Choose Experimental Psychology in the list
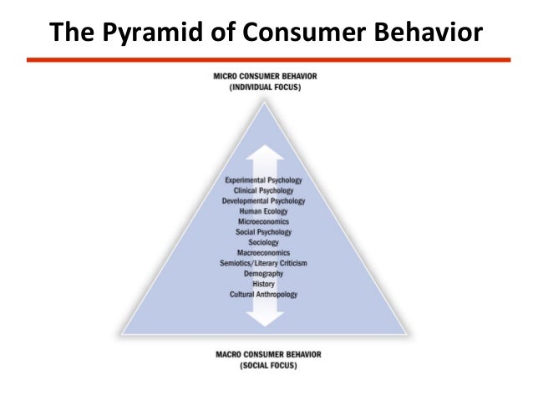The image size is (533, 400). click(x=264, y=180)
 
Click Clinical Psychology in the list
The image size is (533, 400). click(x=264, y=190)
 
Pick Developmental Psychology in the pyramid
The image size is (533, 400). click(x=264, y=201)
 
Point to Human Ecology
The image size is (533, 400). click(x=264, y=211)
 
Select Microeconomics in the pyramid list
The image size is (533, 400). click(x=264, y=221)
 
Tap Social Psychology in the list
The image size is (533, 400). click(x=264, y=232)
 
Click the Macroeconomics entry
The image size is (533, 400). click(x=264, y=253)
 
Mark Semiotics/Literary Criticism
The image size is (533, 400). click(x=264, y=263)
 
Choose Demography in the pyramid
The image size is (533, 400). click(x=264, y=274)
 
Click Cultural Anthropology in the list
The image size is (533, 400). click(x=264, y=295)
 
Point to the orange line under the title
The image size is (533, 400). click(x=267, y=60)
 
